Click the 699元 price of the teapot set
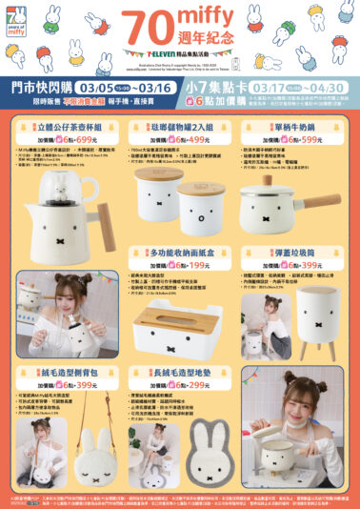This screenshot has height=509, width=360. point(88,138)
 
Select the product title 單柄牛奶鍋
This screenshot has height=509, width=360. point(293,127)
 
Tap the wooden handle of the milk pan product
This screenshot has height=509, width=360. point(324,201)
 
